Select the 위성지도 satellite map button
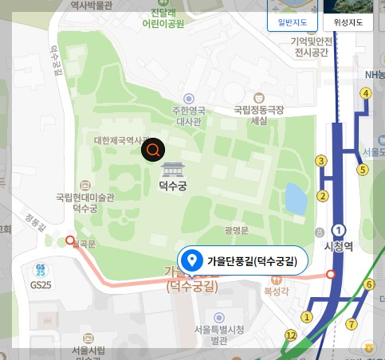coord(348,22)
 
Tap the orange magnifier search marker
coord(153,150)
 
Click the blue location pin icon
coord(191,260)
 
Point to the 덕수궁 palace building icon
coord(172,169)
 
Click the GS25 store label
coord(40,284)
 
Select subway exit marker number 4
coord(366,94)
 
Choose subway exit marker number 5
coord(362,169)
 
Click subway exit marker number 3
coord(322,161)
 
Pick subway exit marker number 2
coord(323,196)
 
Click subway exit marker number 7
coord(351,323)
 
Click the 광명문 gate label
coord(238,230)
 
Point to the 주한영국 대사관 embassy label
coord(189,116)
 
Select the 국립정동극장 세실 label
coord(259,115)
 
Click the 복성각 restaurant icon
coord(277,280)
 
